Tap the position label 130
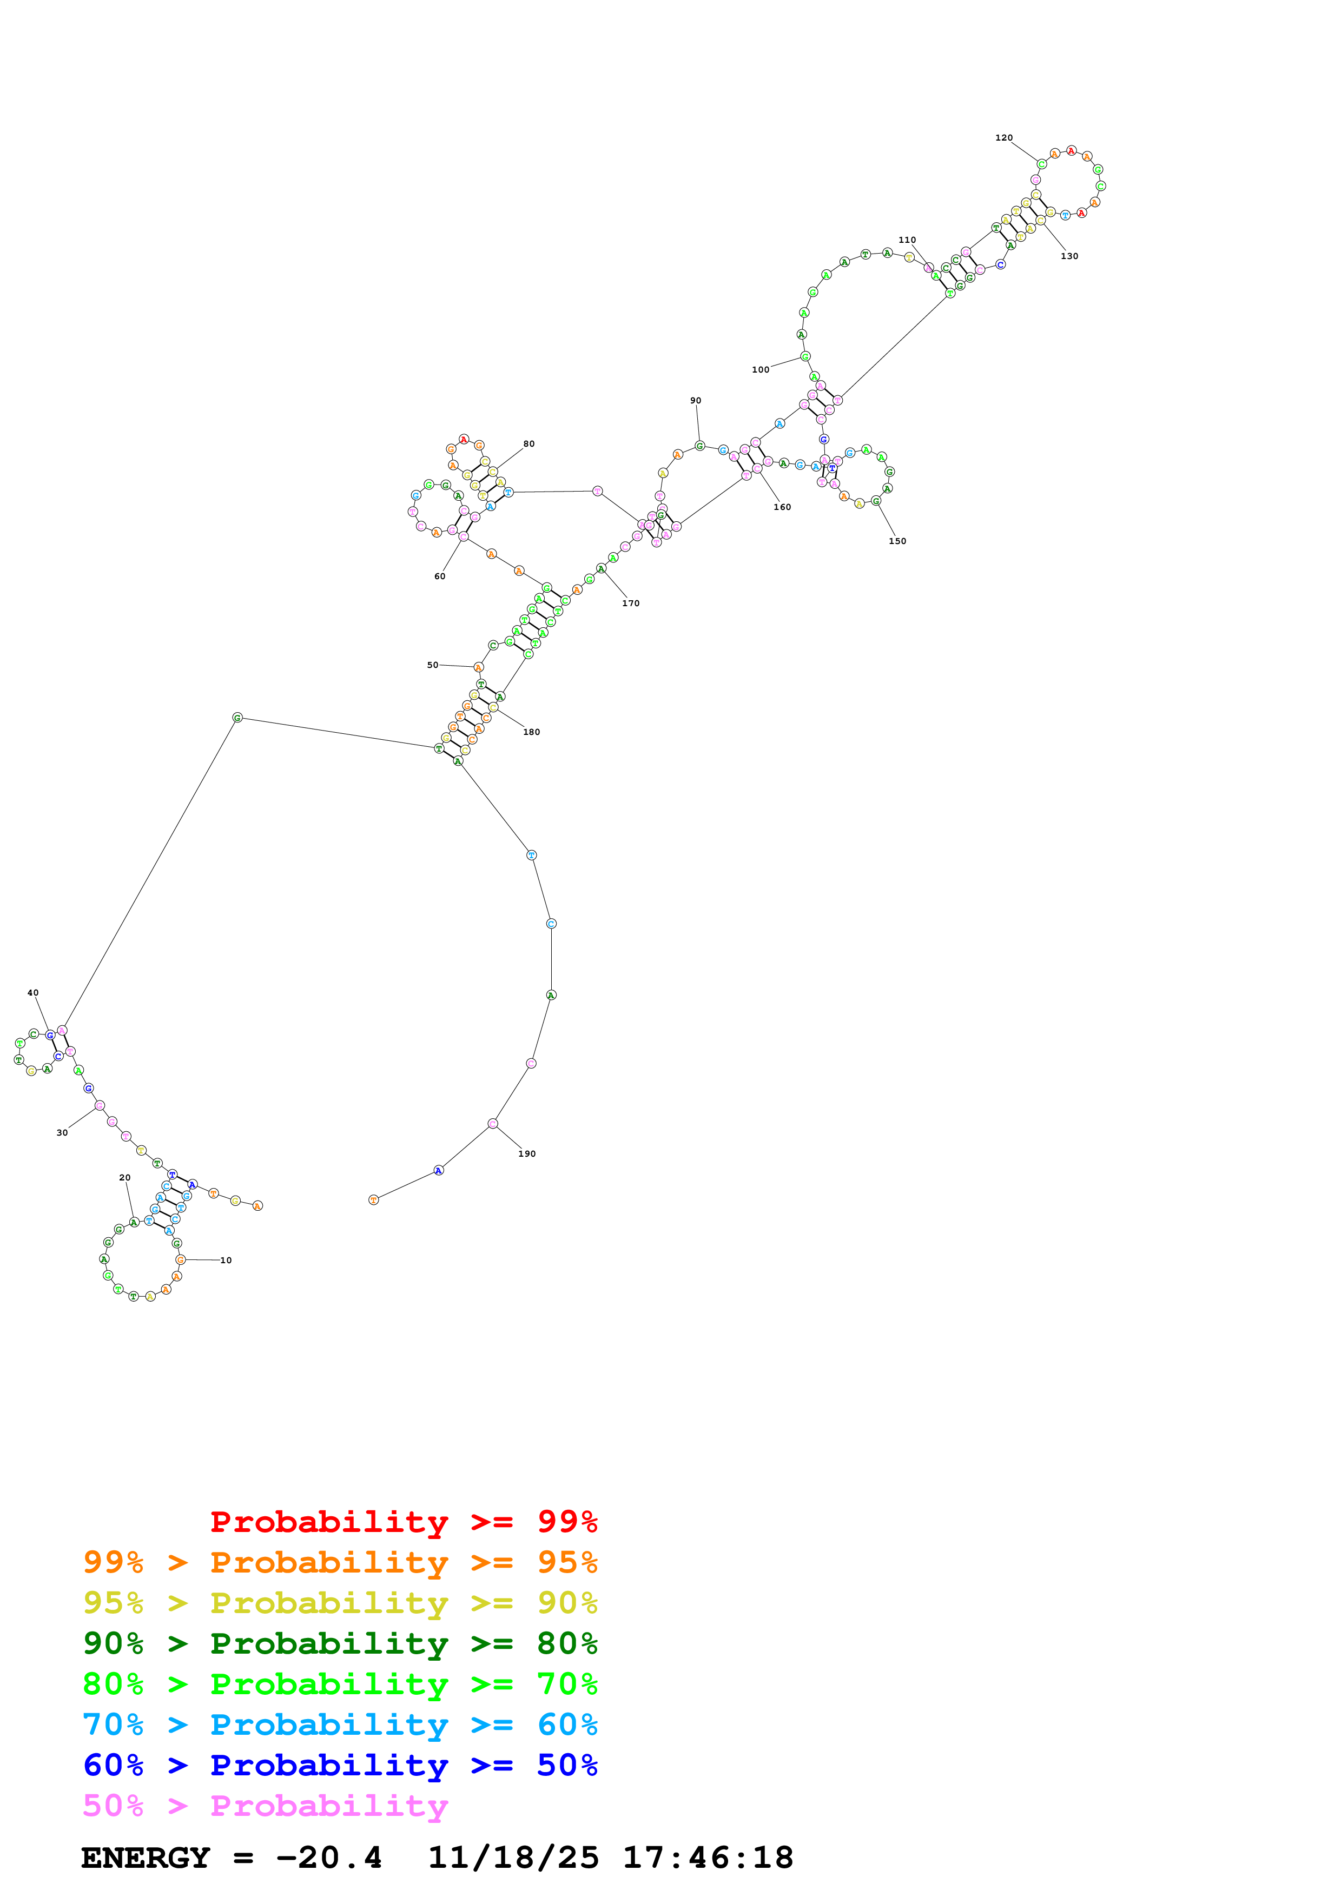[1068, 256]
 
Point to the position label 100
[760, 370]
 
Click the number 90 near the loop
[695, 401]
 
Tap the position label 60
[440, 576]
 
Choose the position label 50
[432, 665]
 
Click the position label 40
[33, 993]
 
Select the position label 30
[62, 1133]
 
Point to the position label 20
[125, 1177]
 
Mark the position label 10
[226, 1260]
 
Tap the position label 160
[782, 507]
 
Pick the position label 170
[630, 603]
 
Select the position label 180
[531, 732]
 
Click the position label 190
[526, 1153]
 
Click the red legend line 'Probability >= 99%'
[403, 1521]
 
